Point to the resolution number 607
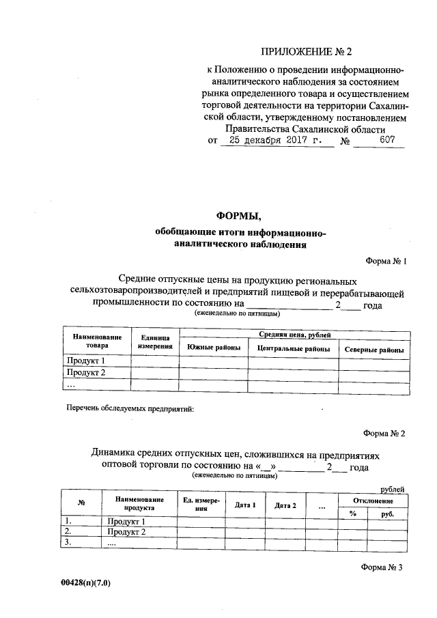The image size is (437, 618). (388, 141)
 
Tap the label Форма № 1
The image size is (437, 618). (386, 261)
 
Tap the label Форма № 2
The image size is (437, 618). (384, 434)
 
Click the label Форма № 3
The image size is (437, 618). (384, 567)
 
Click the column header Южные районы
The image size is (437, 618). (213, 349)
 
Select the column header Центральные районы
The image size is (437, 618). (294, 349)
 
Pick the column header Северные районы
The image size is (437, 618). (373, 350)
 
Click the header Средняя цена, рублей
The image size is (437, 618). (294, 335)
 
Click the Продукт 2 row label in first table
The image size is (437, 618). (85, 373)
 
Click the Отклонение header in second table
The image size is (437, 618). (373, 500)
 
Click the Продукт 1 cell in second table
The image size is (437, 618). (126, 522)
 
